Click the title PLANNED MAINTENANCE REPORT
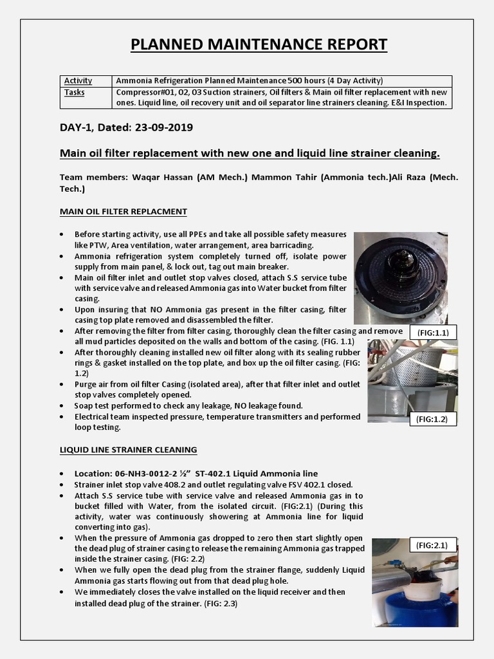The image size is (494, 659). [259, 44]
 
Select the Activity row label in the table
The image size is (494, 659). [78, 81]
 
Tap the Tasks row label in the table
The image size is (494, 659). [75, 92]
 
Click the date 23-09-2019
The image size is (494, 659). [164, 127]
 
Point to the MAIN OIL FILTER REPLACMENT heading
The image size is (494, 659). [123, 211]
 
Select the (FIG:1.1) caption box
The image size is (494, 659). [433, 332]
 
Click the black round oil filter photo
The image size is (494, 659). [401, 277]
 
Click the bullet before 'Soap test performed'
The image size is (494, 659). [61, 406]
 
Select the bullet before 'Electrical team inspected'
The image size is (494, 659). [61, 417]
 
